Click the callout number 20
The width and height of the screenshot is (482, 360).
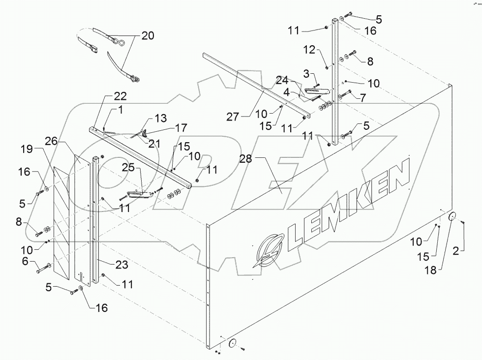click(x=147, y=35)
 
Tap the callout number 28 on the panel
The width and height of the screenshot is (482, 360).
click(x=246, y=159)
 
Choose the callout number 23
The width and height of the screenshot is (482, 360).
click(x=121, y=265)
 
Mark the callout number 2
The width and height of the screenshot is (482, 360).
click(x=456, y=251)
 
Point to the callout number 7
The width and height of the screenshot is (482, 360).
click(x=362, y=98)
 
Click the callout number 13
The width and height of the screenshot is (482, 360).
click(x=160, y=119)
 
